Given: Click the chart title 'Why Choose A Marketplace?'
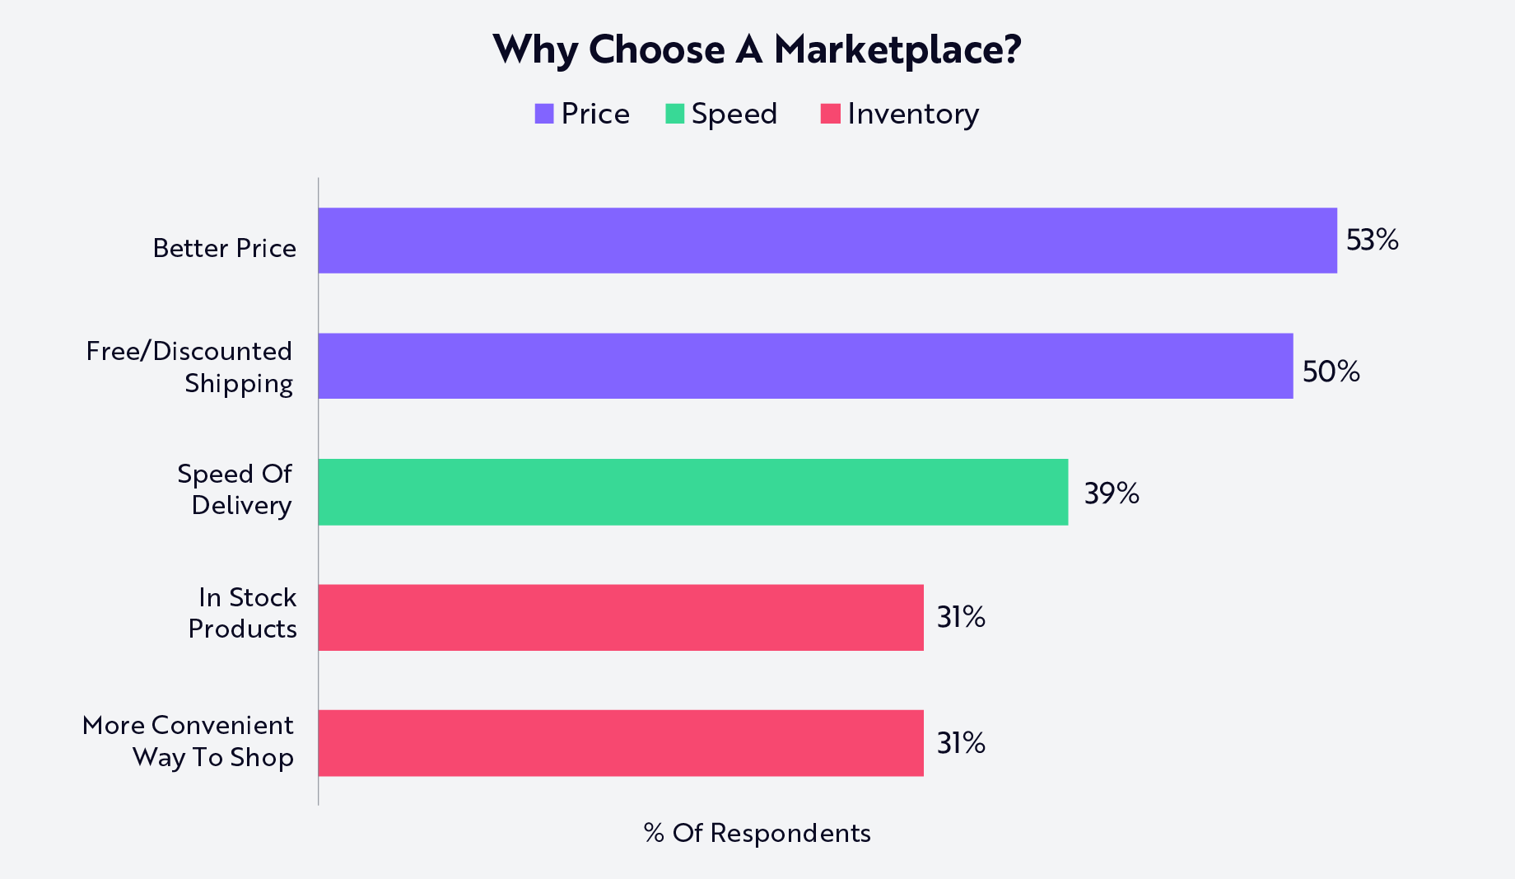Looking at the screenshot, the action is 757,49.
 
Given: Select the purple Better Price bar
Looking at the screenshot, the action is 827,241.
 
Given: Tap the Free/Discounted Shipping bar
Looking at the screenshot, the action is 806,366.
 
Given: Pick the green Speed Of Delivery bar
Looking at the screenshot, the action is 693,492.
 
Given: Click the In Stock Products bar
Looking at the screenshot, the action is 621,617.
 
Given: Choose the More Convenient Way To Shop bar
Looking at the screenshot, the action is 621,743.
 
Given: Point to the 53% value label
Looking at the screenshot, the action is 1373,240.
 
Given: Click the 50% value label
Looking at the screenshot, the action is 1331,372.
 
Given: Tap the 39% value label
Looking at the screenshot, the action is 1112,493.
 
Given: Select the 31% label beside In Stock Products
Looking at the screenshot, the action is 961,617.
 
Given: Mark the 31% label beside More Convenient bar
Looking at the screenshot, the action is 961,743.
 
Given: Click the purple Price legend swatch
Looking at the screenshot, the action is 544,114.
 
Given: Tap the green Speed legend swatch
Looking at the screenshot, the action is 675,114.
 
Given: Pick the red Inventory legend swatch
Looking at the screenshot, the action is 830,114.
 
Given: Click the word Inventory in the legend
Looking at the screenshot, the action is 913,115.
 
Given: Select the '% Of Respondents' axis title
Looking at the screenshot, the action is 757,833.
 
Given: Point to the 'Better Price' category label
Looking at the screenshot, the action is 225,248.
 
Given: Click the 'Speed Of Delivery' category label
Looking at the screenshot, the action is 235,489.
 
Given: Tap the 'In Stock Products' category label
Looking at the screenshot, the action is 243,613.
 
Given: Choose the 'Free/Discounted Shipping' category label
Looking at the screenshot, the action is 189,367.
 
